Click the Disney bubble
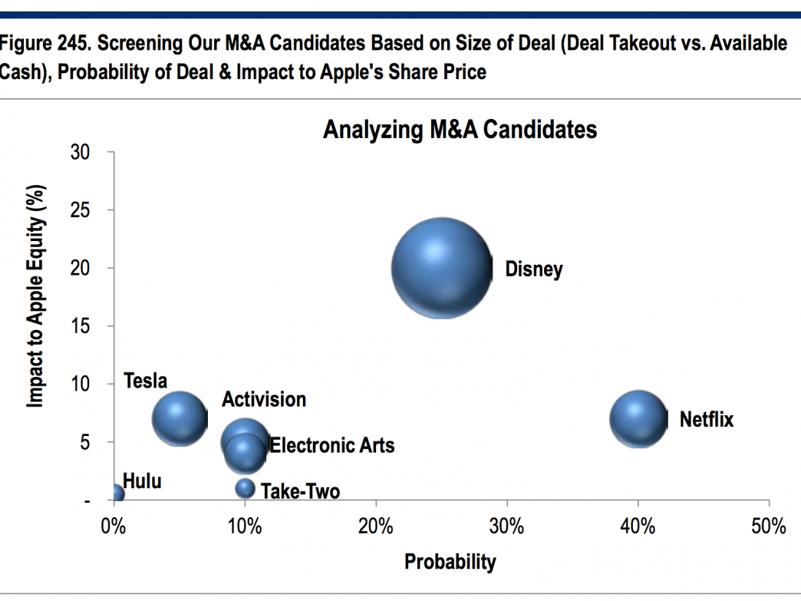440,268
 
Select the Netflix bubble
638,418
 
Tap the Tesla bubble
180,418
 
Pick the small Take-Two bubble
245,488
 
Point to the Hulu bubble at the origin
116,494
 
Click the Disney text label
533,270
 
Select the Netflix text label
706,420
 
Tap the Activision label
263,399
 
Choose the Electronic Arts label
331,445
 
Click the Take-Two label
300,491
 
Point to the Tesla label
145,381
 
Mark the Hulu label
142,482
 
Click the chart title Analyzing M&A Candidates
460,130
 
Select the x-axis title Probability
450,562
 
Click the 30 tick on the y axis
82,153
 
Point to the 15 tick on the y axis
82,326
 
